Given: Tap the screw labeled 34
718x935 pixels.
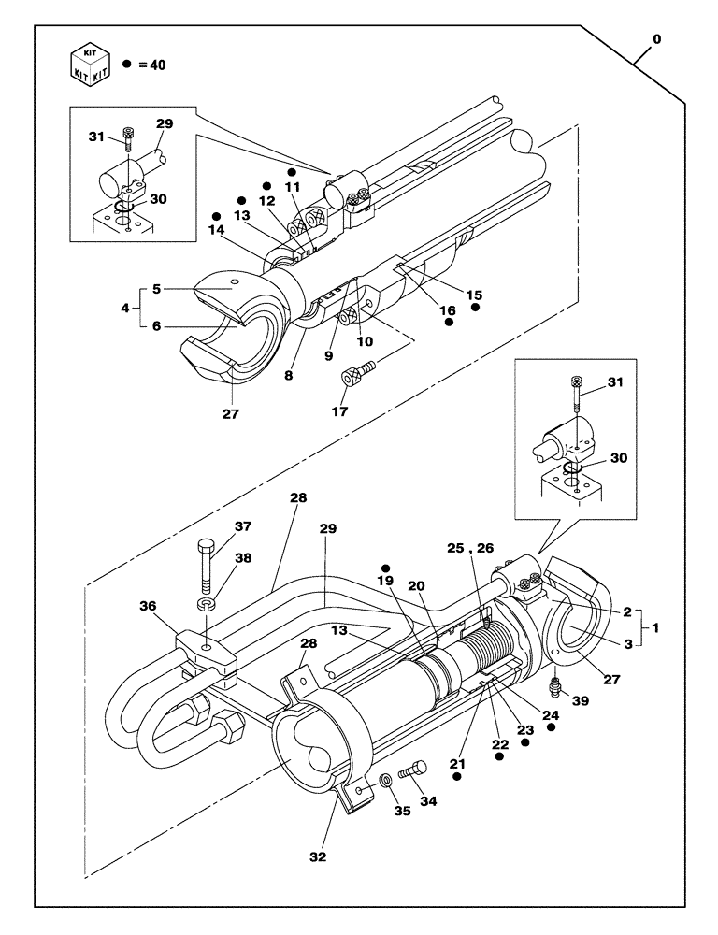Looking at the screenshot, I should [x=411, y=771].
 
